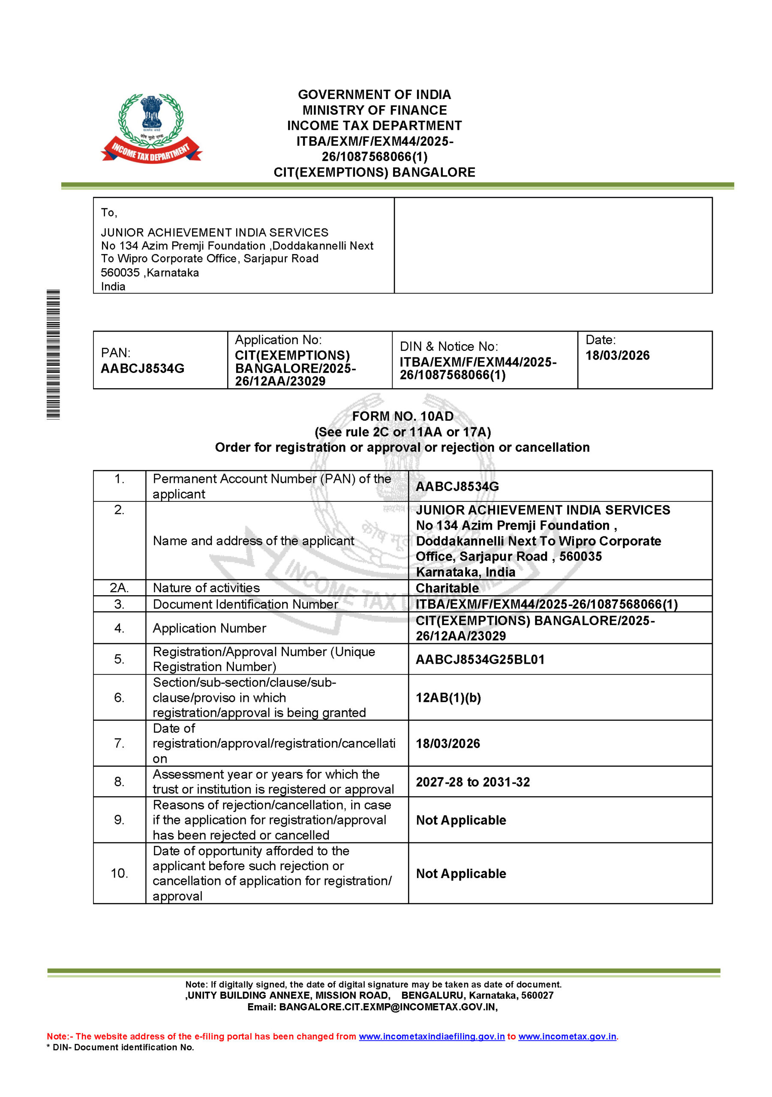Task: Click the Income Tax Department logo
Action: pyautogui.click(x=151, y=128)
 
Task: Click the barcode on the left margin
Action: pyautogui.click(x=53, y=354)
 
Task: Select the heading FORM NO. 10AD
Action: pyautogui.click(x=403, y=416)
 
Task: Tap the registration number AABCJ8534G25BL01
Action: pyautogui.click(x=480, y=659)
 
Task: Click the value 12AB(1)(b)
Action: pyautogui.click(x=448, y=698)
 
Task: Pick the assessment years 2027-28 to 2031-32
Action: pyautogui.click(x=473, y=782)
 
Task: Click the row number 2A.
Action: pyautogui.click(x=119, y=587)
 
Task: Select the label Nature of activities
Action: pyautogui.click(x=206, y=587)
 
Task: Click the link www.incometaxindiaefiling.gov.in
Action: pyautogui.click(x=432, y=1036)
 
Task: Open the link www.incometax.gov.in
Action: pyautogui.click(x=567, y=1036)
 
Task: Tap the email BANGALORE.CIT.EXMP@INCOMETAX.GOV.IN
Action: pyautogui.click(x=388, y=1007)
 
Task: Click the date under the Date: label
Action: pyautogui.click(x=617, y=356)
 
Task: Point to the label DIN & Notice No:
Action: pyautogui.click(x=448, y=346)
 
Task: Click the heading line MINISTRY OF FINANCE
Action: pyautogui.click(x=374, y=111)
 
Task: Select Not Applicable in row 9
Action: pyautogui.click(x=461, y=820)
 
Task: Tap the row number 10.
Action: pyautogui.click(x=119, y=873)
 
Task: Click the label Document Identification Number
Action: pyautogui.click(x=245, y=604)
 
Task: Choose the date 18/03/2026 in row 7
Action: pyautogui.click(x=448, y=743)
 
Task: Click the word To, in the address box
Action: pyautogui.click(x=109, y=213)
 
